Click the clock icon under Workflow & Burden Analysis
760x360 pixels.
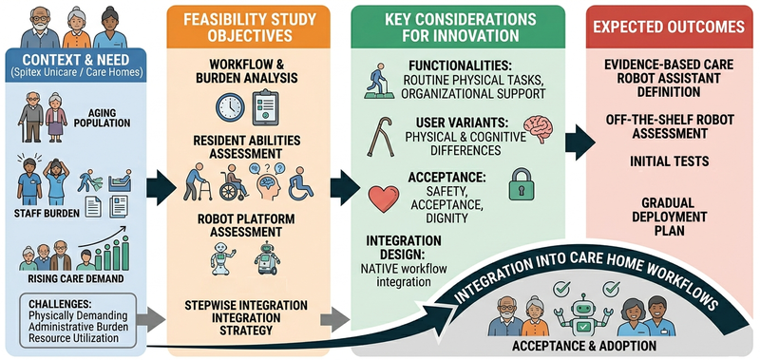tap(230, 107)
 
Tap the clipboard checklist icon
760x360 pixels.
tap(265, 107)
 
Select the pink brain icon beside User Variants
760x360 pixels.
tap(539, 129)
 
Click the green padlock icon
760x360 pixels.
tap(521, 184)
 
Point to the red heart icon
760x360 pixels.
tap(384, 199)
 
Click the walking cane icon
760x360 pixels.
tap(380, 135)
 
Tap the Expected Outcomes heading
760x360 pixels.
tap(669, 27)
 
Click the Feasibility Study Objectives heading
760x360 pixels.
tap(249, 28)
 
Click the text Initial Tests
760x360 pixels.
tap(669, 161)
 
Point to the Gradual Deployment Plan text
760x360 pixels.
tap(669, 217)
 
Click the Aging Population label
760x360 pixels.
tap(103, 117)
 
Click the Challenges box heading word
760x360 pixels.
tap(60, 304)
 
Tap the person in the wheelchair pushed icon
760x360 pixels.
tap(234, 182)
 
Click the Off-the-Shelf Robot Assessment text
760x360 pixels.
tap(669, 126)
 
